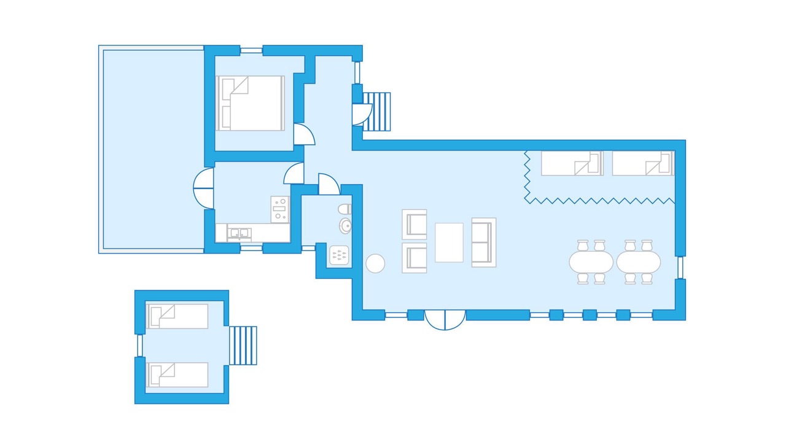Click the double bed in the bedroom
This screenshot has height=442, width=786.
250,103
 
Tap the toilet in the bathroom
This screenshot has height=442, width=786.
345,209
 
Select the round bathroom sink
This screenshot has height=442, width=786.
345,226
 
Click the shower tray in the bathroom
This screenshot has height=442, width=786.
339,255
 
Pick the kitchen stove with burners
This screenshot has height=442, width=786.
280,209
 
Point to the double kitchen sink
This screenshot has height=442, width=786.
239,233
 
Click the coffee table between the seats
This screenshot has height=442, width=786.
449,242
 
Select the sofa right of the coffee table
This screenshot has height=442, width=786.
483,242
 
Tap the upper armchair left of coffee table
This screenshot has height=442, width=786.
414,224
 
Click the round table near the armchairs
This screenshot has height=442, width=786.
375,263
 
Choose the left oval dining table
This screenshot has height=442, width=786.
591,262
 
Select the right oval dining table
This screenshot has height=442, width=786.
639,262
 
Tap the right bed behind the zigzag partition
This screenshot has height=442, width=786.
642,163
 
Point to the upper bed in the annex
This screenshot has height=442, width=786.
177,316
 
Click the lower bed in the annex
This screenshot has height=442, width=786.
177,374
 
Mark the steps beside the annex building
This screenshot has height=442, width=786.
243,346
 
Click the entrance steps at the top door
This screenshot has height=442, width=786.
377,112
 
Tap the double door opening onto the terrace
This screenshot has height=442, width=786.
203,188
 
